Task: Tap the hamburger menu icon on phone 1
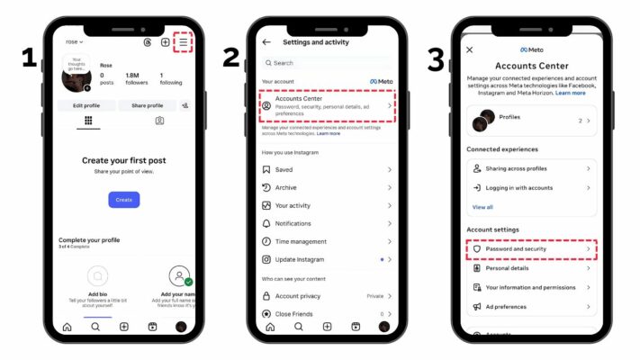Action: click(184, 42)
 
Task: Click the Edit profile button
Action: click(86, 105)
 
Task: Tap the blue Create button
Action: click(123, 200)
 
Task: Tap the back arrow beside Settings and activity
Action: click(266, 42)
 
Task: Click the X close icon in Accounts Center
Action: click(469, 49)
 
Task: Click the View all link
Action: click(482, 207)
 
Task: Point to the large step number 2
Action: click(231, 59)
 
